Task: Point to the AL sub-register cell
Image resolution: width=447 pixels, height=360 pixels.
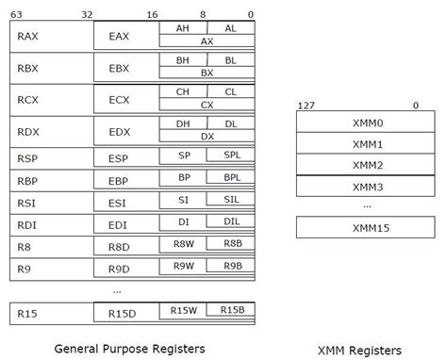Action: pos(230,29)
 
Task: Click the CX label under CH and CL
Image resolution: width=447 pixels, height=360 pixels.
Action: pos(207,106)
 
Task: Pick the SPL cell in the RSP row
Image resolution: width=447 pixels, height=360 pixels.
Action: pos(230,155)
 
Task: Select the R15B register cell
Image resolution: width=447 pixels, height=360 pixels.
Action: pos(230,310)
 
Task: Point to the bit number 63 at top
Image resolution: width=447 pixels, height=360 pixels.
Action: pos(18,14)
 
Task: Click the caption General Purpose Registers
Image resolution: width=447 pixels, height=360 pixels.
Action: pos(130,348)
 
